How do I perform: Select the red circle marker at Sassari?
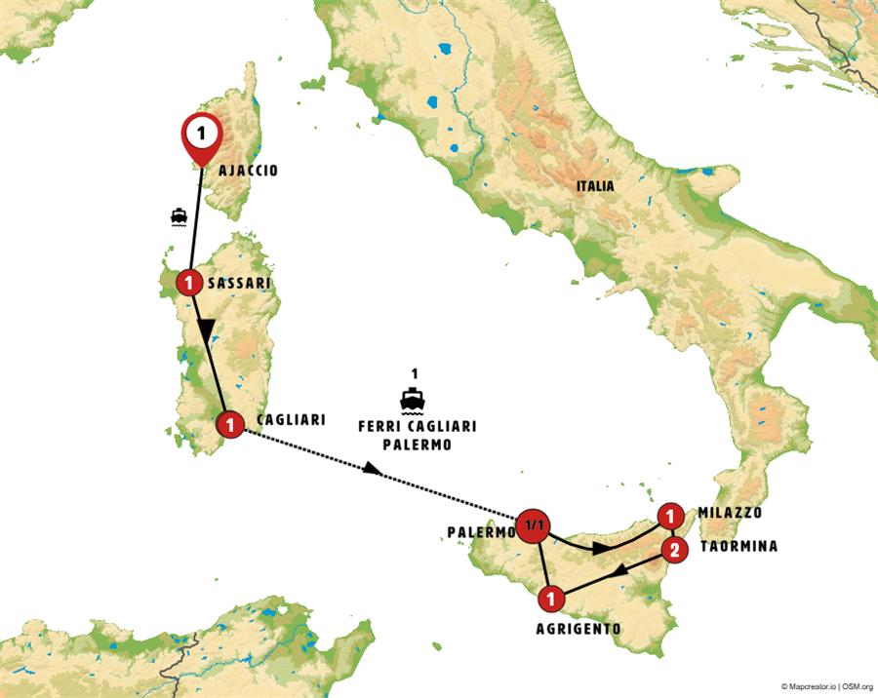(x=188, y=284)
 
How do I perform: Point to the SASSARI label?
(x=240, y=284)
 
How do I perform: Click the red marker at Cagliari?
(x=229, y=424)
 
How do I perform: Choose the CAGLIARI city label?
(x=290, y=419)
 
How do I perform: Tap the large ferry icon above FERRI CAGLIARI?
(x=415, y=399)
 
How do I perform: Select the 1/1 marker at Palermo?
(x=534, y=525)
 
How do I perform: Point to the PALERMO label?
(x=481, y=532)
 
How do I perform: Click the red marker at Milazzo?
(x=670, y=516)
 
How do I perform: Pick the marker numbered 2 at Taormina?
(x=672, y=550)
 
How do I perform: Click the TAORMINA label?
(x=738, y=547)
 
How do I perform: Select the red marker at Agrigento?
(x=550, y=599)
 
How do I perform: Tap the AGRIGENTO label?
(x=578, y=629)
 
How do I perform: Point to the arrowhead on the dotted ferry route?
(x=373, y=470)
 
